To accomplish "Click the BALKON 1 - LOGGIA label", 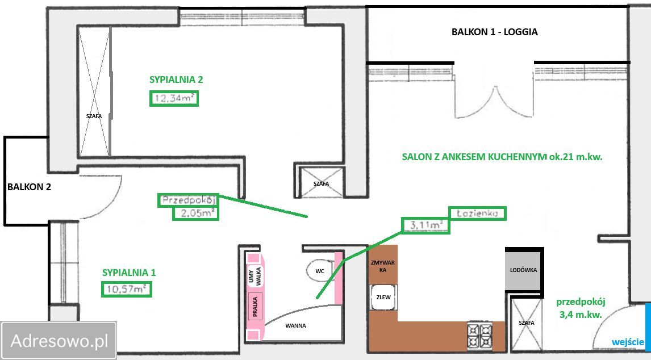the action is point(494,32).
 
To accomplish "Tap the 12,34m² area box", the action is point(174,99).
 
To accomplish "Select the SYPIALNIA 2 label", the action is point(176,79).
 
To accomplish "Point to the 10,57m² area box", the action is point(127,289).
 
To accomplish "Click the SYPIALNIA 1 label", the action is point(129,273).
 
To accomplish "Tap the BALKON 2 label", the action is point(29,187).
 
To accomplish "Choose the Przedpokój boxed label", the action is point(189,200).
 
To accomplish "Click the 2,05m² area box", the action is point(195,214).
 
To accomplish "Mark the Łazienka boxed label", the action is point(477,213).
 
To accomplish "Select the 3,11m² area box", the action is point(425,225).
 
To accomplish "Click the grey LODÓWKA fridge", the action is point(524,270).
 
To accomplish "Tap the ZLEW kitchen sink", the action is point(383,298).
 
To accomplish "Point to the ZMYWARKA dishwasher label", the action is point(383,266).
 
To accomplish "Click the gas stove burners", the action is point(480,336).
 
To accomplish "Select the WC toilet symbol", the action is point(320,271).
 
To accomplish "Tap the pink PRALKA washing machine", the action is point(255,306).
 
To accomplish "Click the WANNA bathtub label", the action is point(295,325).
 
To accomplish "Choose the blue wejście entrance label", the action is point(628,342).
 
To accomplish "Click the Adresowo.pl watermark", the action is point(59,341).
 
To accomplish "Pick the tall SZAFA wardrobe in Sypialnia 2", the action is point(94,91).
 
